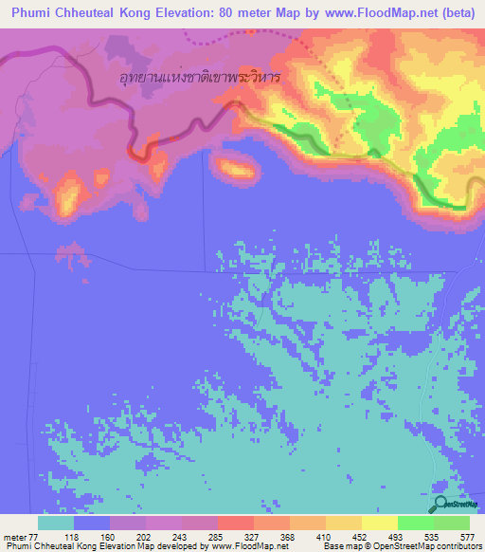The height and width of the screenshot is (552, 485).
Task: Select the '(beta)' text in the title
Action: tap(454, 13)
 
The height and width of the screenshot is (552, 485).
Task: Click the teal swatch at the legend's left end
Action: tap(56, 523)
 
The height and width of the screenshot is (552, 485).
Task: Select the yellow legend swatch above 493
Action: tap(380, 523)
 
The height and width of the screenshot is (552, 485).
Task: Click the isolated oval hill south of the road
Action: tap(236, 170)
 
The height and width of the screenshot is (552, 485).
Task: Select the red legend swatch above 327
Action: tap(236, 523)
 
